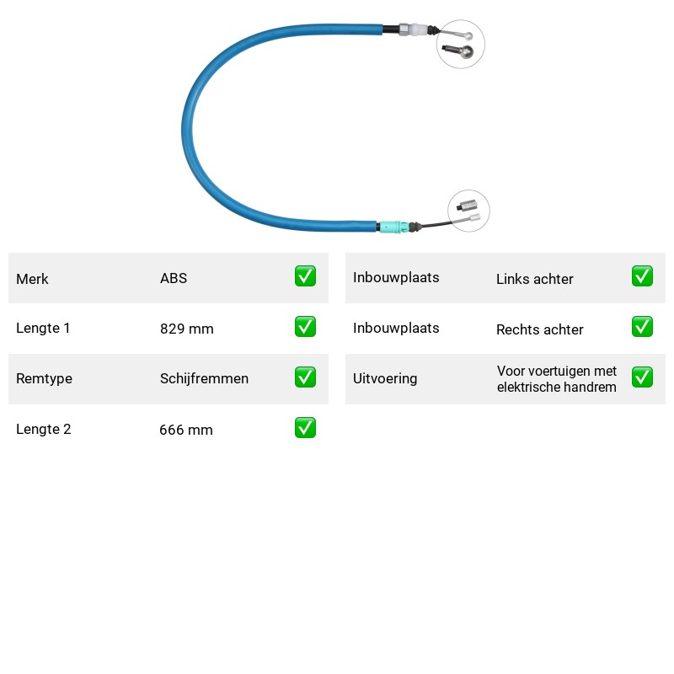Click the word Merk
point(32,279)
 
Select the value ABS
point(174,278)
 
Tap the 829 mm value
point(186,329)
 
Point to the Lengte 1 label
point(43,328)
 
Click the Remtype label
point(45,378)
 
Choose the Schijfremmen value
point(204,378)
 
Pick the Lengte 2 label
point(44,429)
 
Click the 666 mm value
point(186,430)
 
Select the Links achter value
point(535,279)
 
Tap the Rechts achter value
point(540,329)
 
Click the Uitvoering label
point(385,378)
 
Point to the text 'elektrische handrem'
point(557,387)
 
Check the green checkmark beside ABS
point(305,276)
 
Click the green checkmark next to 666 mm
point(305,428)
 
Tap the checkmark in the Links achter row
point(642,276)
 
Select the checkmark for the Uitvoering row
point(642,377)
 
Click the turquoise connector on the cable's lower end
point(393,227)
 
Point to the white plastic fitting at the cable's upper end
point(417,29)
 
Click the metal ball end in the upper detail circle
point(466,52)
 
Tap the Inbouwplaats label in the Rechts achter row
point(396,328)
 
